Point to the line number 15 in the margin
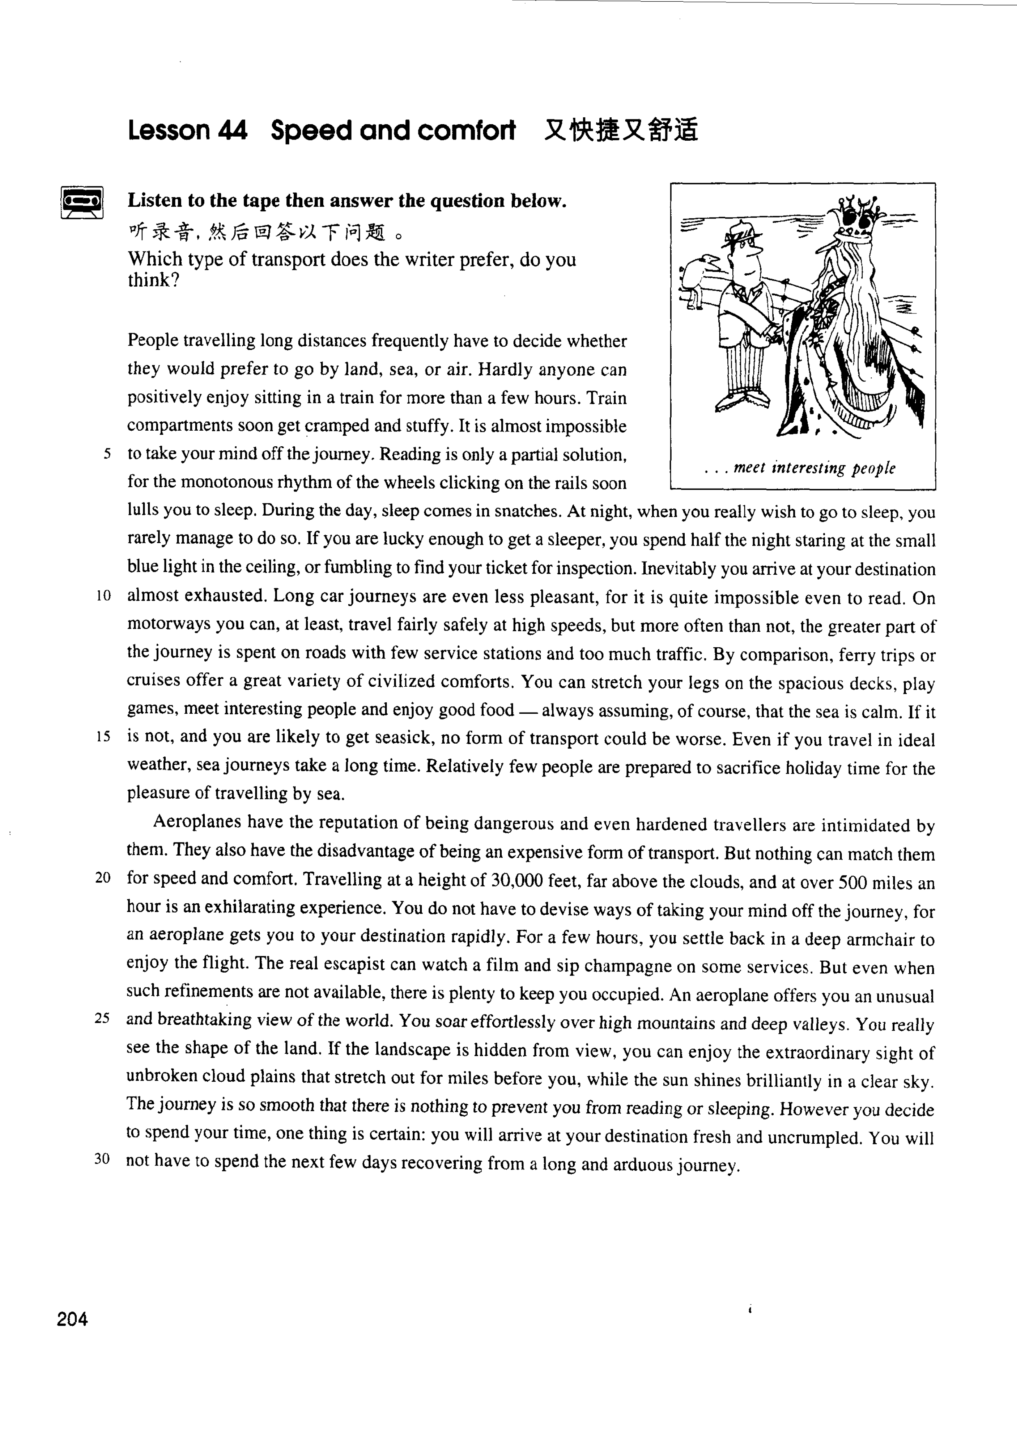[103, 736]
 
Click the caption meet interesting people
[814, 468]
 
